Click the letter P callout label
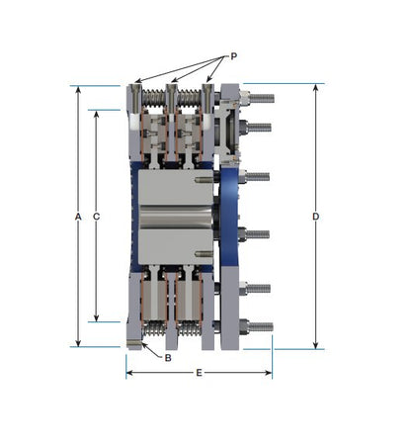point(233,56)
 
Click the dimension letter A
point(78,217)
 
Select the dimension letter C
point(96,217)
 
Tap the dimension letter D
point(315,217)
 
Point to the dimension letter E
point(199,373)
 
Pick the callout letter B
point(168,358)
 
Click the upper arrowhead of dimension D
point(315,87)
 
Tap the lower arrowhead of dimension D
point(315,345)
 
